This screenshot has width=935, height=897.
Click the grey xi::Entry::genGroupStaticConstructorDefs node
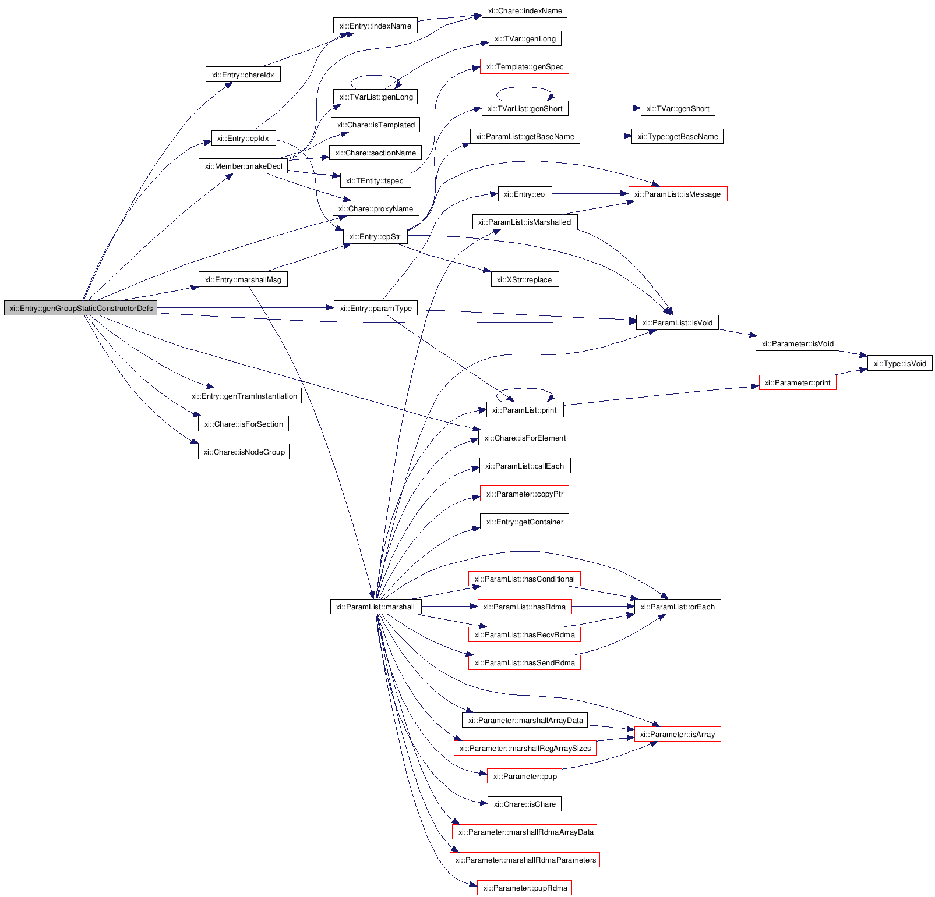81,308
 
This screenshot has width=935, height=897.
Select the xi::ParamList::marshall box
375,607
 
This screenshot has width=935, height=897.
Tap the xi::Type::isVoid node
899,363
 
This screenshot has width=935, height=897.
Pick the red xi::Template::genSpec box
524,66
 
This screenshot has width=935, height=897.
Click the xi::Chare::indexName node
524,10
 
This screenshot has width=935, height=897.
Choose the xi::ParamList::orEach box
677,607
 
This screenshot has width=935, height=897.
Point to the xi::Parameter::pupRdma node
524,888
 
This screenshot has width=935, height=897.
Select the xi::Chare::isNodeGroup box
244,452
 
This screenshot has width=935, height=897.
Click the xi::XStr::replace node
524,279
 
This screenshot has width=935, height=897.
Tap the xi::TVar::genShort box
678,108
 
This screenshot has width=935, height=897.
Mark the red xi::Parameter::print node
797,382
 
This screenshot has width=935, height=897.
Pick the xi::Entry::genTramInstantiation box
244,396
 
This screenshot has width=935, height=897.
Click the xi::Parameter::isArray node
677,734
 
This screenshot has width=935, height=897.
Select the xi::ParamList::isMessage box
677,194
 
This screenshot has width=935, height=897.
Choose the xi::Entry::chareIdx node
243,75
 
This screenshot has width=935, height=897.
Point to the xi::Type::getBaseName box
677,136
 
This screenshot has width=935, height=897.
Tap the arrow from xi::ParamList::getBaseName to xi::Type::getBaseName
605,136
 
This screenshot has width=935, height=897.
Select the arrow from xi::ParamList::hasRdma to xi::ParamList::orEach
602,607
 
